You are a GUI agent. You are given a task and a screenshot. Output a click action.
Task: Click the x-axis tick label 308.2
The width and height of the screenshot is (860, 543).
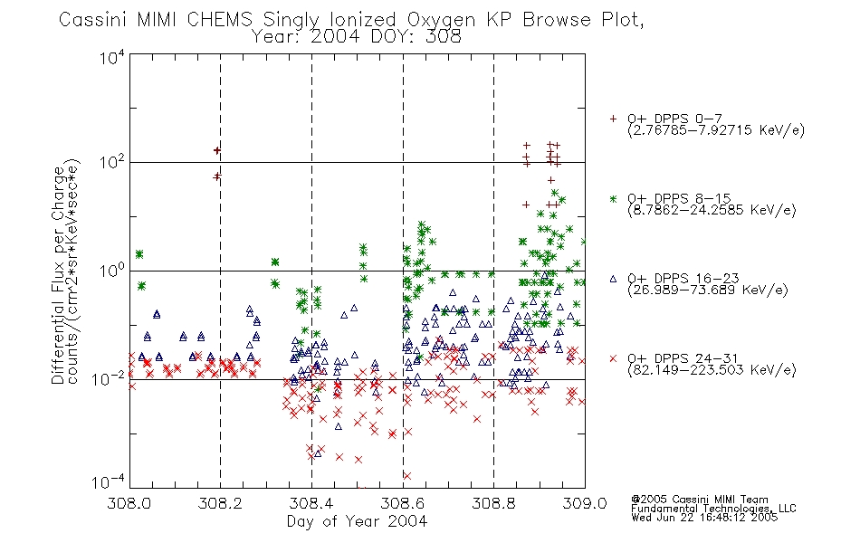pos(220,503)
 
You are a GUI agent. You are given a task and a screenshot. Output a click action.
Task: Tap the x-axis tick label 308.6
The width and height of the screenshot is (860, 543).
pos(403,503)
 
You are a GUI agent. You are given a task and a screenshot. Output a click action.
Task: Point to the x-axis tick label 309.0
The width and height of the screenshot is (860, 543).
pos(585,503)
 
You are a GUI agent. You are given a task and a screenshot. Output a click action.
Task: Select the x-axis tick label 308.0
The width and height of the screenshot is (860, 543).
pos(129,503)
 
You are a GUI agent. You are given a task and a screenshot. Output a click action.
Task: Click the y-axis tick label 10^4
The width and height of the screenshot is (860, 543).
pos(112,57)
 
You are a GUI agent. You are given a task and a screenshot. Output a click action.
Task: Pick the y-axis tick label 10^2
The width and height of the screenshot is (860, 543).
pos(112,163)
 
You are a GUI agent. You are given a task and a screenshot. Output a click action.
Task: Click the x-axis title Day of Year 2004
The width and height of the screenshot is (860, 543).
pos(357,521)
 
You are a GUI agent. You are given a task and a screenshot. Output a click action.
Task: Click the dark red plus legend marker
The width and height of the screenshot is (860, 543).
pos(613,119)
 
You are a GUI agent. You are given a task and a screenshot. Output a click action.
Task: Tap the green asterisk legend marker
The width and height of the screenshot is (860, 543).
pos(613,199)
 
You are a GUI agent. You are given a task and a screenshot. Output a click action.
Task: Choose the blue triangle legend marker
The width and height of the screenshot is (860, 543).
pos(613,279)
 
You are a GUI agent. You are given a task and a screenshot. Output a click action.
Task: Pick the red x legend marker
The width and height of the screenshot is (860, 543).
pos(613,358)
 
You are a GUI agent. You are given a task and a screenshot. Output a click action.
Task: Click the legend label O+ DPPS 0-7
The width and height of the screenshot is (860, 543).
pos(675,119)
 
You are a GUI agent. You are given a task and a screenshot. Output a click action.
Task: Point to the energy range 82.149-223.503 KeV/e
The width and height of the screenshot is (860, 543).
pos(712,370)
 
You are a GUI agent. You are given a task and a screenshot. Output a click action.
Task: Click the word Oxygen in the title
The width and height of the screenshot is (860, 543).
pos(441,20)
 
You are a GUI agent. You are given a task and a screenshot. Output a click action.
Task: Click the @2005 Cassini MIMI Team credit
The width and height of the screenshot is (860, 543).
pos(699,500)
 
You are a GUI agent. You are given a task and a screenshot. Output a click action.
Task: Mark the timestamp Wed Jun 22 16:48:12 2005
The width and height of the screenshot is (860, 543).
pos(704,518)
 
